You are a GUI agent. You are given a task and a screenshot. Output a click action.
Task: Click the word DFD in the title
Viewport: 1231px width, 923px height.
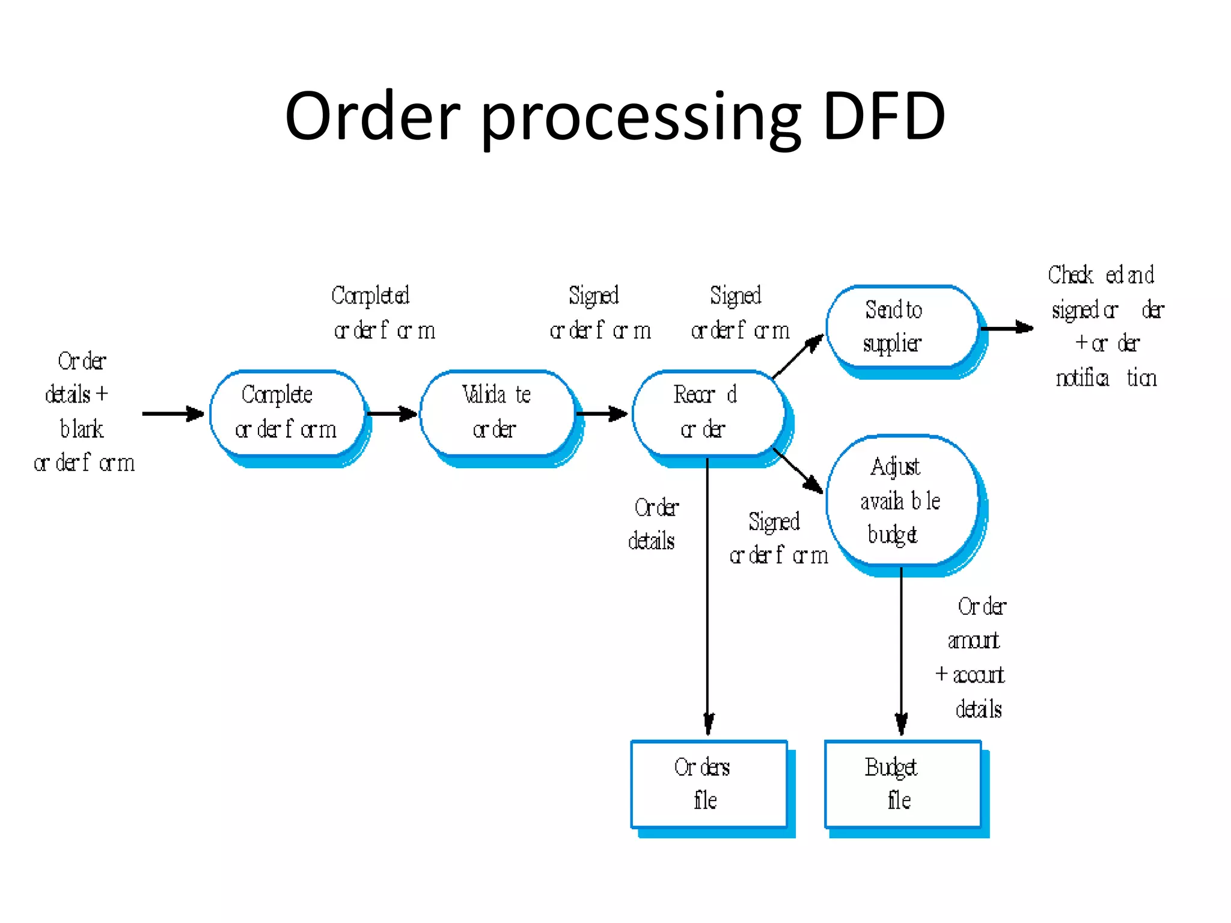pyautogui.click(x=884, y=116)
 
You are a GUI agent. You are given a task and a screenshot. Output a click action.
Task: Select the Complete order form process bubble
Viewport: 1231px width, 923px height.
pyautogui.click(x=287, y=413)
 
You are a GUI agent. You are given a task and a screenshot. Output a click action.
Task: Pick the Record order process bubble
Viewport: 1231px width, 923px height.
pyautogui.click(x=707, y=413)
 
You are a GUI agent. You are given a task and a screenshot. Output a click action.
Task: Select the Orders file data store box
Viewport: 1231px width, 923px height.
pyautogui.click(x=709, y=784)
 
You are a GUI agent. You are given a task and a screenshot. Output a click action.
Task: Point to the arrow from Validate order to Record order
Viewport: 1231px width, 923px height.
pyautogui.click(x=602, y=413)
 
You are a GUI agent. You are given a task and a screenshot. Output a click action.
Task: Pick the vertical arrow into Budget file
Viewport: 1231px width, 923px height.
pyautogui.click(x=901, y=649)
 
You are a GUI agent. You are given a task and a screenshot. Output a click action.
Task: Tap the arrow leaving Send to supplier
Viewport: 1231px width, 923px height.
pyautogui.click(x=1007, y=328)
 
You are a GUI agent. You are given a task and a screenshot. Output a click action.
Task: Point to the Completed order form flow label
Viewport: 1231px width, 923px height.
pyautogui.click(x=383, y=312)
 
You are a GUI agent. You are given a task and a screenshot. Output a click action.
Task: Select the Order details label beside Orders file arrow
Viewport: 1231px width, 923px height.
pyautogui.click(x=654, y=524)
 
